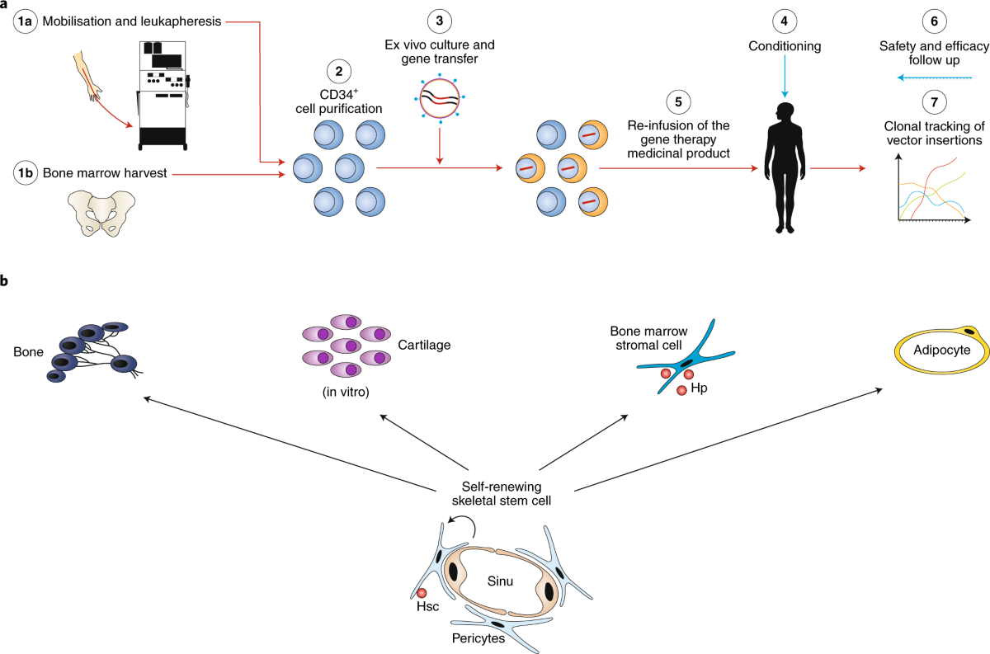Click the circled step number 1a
click(26, 22)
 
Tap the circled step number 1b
click(26, 173)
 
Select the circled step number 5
click(677, 103)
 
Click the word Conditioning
click(785, 46)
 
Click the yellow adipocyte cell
click(942, 351)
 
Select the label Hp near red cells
click(700, 387)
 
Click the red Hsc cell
click(422, 594)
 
